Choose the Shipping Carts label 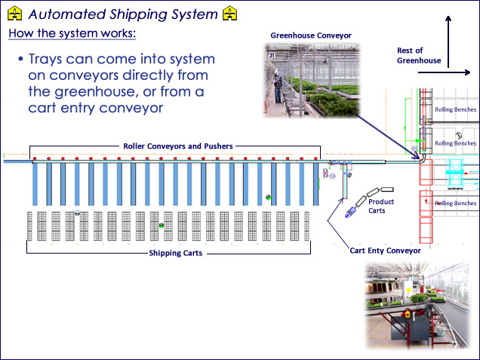pyautogui.click(x=175, y=254)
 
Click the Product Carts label pyautogui.click(x=381, y=206)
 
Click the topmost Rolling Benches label pyautogui.click(x=455, y=109)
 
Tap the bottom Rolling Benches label pyautogui.click(x=455, y=203)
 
